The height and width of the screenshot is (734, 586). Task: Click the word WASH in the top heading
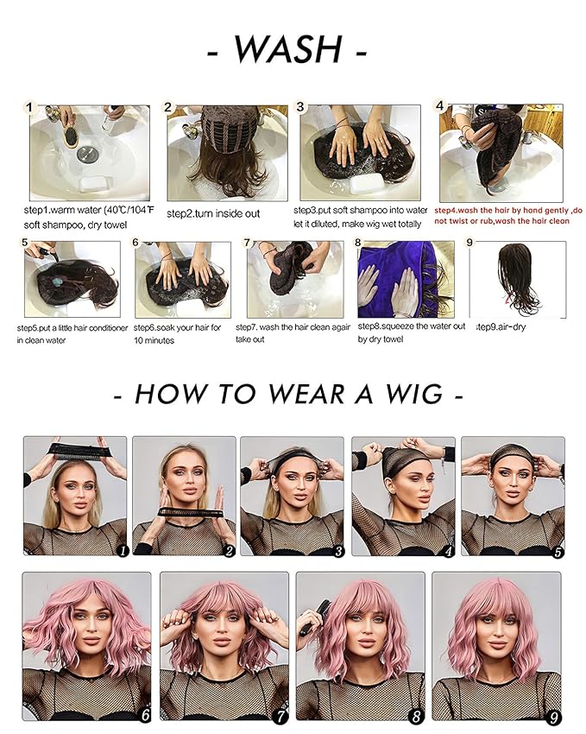click(287, 50)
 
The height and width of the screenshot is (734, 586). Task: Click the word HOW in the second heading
click(173, 394)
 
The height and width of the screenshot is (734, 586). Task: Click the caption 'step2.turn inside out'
click(212, 213)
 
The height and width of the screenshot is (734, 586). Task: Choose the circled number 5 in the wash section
click(26, 244)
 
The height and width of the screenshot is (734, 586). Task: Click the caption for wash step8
click(411, 332)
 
